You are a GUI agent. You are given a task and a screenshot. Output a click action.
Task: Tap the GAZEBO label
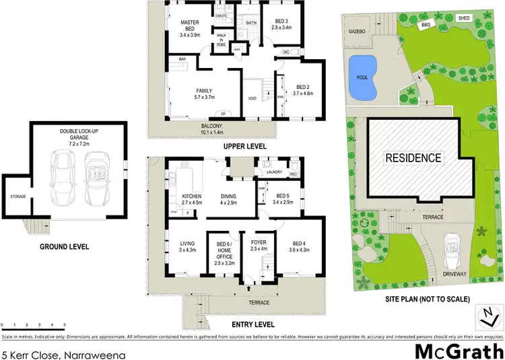tap(357, 31)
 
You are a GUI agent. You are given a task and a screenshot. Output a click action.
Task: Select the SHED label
tap(464, 18)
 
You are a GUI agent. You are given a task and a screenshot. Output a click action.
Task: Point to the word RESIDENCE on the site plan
tap(413, 159)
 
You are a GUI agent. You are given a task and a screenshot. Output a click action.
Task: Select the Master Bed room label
tap(191, 26)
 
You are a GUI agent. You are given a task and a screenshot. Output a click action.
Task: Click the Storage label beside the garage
tap(18, 196)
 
